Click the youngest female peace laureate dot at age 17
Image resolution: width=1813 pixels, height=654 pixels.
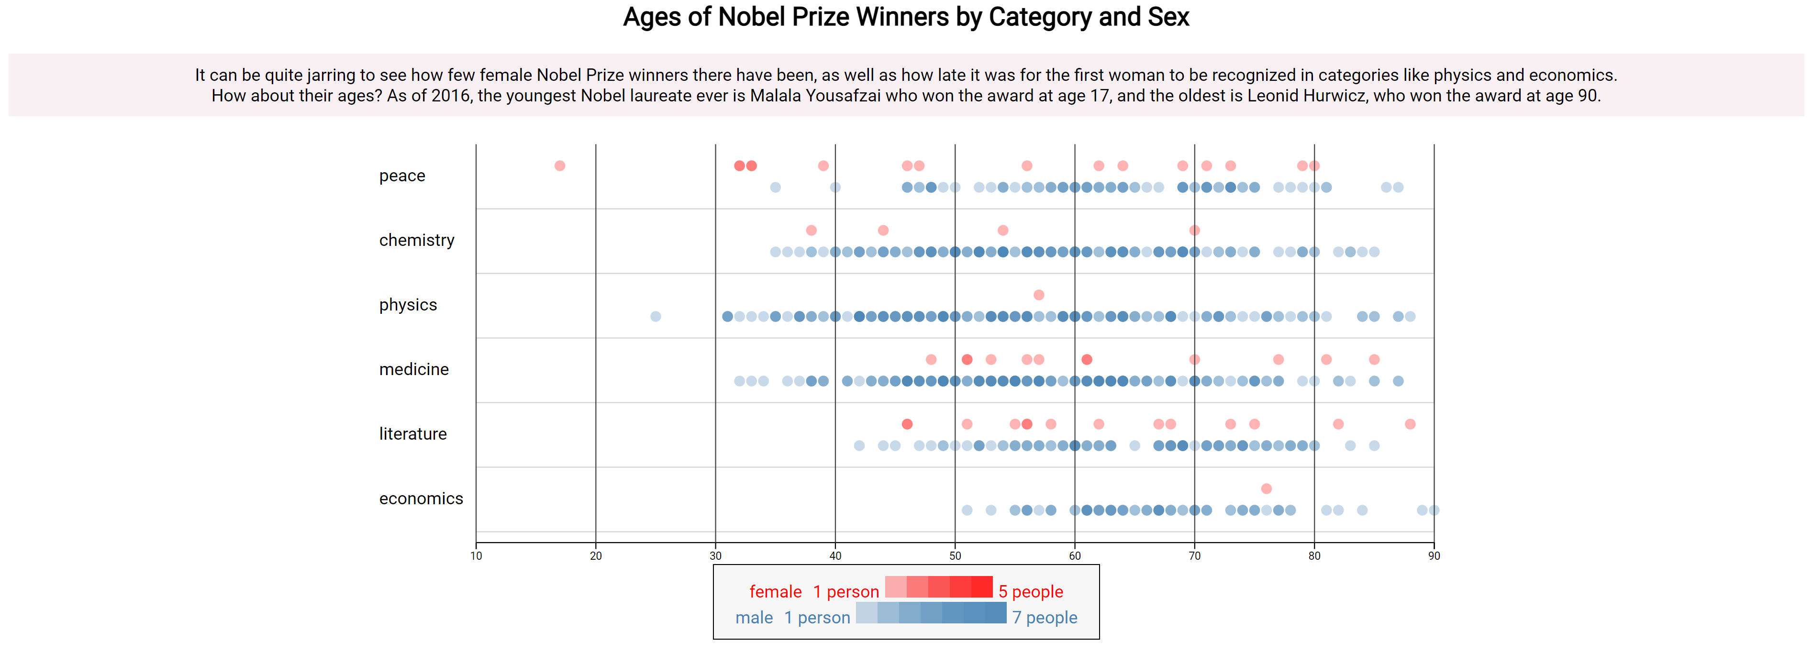pyautogui.click(x=559, y=166)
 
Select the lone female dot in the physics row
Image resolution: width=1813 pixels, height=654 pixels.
pyautogui.click(x=1039, y=295)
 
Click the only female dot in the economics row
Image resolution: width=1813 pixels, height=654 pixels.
pyautogui.click(x=1266, y=488)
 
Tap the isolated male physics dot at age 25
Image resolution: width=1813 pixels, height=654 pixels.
pyautogui.click(x=655, y=317)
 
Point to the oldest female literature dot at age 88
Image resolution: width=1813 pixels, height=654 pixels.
pyautogui.click(x=1410, y=424)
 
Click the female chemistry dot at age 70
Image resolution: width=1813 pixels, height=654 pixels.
pyautogui.click(x=1194, y=230)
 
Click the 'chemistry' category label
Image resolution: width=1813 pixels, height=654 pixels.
pyautogui.click(x=417, y=240)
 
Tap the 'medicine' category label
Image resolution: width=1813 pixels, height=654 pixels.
pyautogui.click(x=414, y=370)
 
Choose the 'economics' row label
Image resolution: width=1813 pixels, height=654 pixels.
pyautogui.click(x=421, y=499)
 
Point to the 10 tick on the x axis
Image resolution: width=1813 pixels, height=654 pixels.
pyautogui.click(x=477, y=555)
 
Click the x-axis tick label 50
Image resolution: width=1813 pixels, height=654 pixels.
pyautogui.click(x=955, y=555)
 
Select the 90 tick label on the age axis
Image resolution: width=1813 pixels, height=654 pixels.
pyautogui.click(x=1434, y=555)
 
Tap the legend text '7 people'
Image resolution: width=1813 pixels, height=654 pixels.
pyautogui.click(x=1045, y=617)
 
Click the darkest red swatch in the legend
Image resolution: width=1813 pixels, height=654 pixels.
pyautogui.click(x=982, y=587)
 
